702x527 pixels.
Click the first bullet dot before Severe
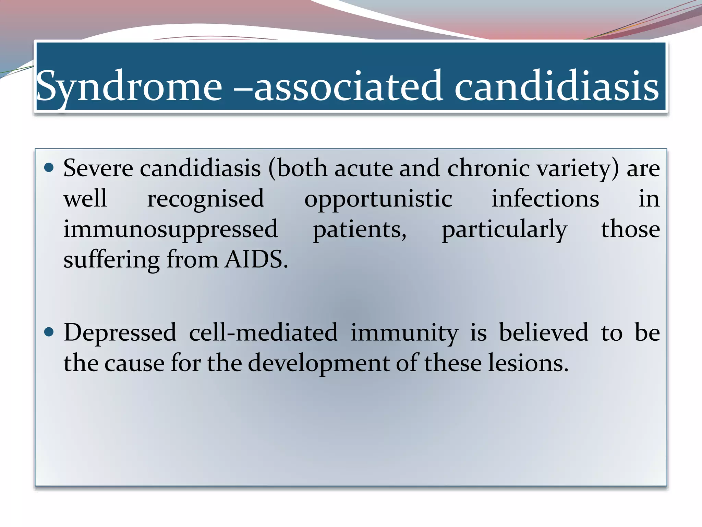coord(49,167)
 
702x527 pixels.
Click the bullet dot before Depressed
coord(49,332)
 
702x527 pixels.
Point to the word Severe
coord(98,168)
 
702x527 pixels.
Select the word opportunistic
coord(378,199)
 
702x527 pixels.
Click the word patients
coord(359,229)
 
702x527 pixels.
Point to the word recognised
coord(206,199)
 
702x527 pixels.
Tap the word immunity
coord(404,333)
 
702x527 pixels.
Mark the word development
coord(318,363)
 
